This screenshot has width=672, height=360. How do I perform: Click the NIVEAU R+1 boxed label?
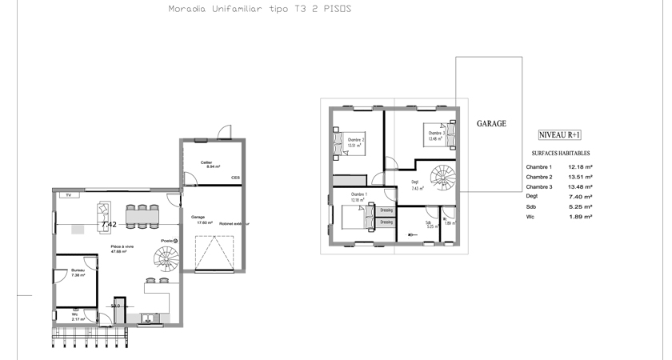560,136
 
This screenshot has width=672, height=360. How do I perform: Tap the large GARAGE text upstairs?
491,124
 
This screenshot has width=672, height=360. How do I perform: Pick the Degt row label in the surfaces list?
532,197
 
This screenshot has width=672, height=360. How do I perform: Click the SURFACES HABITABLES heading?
561,152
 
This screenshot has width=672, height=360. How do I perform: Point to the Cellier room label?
207,162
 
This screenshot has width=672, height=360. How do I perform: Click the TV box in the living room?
69,194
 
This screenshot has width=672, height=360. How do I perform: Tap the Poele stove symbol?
177,240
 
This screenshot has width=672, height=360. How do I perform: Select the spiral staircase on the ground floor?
169,260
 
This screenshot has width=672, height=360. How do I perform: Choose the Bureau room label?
78,270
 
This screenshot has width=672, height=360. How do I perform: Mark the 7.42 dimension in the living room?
110,225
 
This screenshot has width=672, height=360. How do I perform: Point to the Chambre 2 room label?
355,140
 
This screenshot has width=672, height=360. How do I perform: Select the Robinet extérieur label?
234,224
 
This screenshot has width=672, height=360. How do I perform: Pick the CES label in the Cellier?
235,178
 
